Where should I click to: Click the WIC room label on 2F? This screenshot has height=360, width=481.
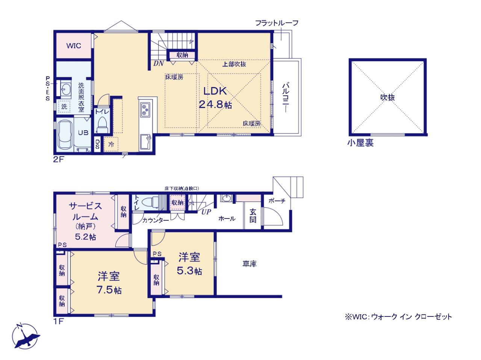tap(74, 46)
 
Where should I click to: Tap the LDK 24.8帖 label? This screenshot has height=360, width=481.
tap(215, 98)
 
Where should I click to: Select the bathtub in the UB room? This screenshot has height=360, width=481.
tap(65, 135)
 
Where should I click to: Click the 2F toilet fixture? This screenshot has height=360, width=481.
tap(102, 124)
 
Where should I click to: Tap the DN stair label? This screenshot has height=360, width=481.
tap(159, 63)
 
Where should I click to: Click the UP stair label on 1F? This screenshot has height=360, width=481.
tap(206, 212)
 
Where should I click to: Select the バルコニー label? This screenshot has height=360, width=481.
tap(286, 98)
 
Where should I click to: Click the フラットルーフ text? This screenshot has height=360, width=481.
tap(277, 23)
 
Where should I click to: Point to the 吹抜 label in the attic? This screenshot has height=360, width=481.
tap(387, 97)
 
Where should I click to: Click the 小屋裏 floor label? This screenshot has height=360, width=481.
tap(360, 143)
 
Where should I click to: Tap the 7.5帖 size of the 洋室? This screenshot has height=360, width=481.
tap(109, 290)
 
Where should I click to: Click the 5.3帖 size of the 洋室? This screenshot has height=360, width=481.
tap(189, 271)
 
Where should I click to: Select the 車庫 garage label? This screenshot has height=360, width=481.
tap(250, 264)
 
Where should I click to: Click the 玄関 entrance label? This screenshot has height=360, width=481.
tap(253, 215)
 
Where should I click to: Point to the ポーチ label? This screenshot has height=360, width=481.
tap(277, 201)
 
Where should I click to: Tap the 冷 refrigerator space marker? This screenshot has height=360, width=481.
tap(111, 144)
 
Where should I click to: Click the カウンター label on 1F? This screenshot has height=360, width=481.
tap(155, 220)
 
